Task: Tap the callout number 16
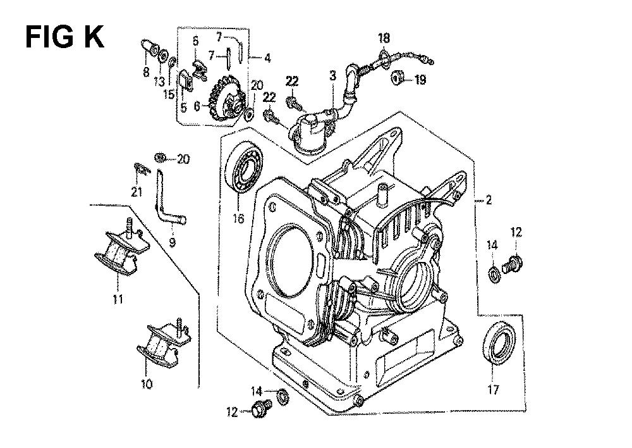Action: tap(238, 218)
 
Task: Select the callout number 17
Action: tap(494, 390)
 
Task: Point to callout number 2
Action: tap(489, 200)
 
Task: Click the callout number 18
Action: tap(384, 39)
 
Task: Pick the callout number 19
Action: tap(420, 80)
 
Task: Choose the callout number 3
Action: tap(332, 75)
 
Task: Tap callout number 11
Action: tap(118, 299)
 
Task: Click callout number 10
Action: tap(147, 384)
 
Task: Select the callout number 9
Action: tap(172, 242)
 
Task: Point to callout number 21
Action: tap(137, 192)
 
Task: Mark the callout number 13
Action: tap(159, 82)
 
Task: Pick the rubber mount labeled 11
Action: tap(120, 248)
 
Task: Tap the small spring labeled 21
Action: tap(141, 168)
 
